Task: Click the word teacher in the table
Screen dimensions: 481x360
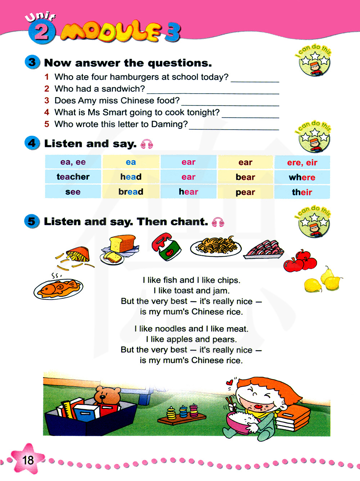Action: tap(73, 177)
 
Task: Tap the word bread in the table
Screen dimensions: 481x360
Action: tap(131, 192)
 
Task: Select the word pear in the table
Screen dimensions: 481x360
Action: tap(245, 192)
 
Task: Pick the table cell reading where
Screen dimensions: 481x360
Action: tap(302, 177)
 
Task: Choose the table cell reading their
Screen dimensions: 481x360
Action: tap(302, 192)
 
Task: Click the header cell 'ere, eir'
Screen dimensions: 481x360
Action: tap(302, 162)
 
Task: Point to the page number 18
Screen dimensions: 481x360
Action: tap(28, 460)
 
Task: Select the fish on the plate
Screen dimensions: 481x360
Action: tap(59, 288)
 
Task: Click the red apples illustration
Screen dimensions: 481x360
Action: tap(300, 261)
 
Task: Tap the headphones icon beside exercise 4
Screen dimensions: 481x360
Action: tap(147, 144)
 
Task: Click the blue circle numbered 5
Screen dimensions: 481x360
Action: tap(32, 221)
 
